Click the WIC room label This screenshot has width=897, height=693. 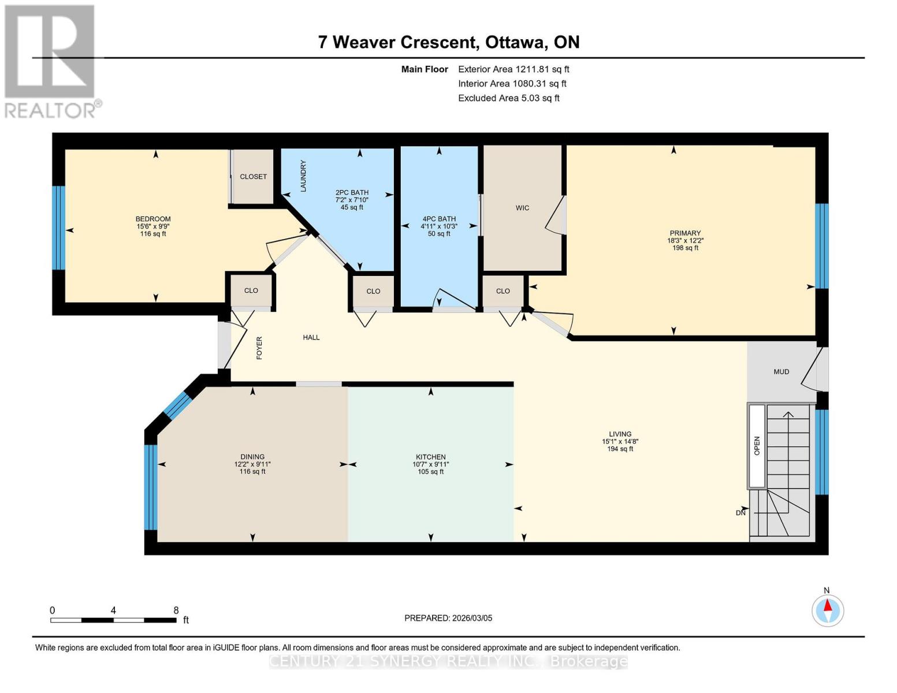pos(522,208)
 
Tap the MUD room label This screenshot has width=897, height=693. pos(781,372)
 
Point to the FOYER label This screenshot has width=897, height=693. pos(259,348)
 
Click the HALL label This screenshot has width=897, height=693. pos(311,338)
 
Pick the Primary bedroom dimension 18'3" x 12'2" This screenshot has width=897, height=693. pos(685,241)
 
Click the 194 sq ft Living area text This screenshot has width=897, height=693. pos(620,449)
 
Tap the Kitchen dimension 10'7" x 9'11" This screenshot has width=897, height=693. pos(430,464)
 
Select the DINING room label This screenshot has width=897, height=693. pos(252,457)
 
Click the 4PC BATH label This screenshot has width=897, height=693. pos(439,219)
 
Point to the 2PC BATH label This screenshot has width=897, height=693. pos(352,193)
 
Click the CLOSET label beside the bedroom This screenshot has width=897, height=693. pos(254,177)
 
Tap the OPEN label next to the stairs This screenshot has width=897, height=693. pos(757,446)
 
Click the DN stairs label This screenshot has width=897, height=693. pos(740,513)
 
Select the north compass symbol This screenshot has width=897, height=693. pos(827,610)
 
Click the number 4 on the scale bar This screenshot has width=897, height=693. pos(113,610)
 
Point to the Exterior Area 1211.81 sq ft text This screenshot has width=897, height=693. pos(513,69)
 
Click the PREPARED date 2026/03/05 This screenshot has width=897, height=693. pos(472,619)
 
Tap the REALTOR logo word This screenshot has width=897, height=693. pos(50,111)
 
